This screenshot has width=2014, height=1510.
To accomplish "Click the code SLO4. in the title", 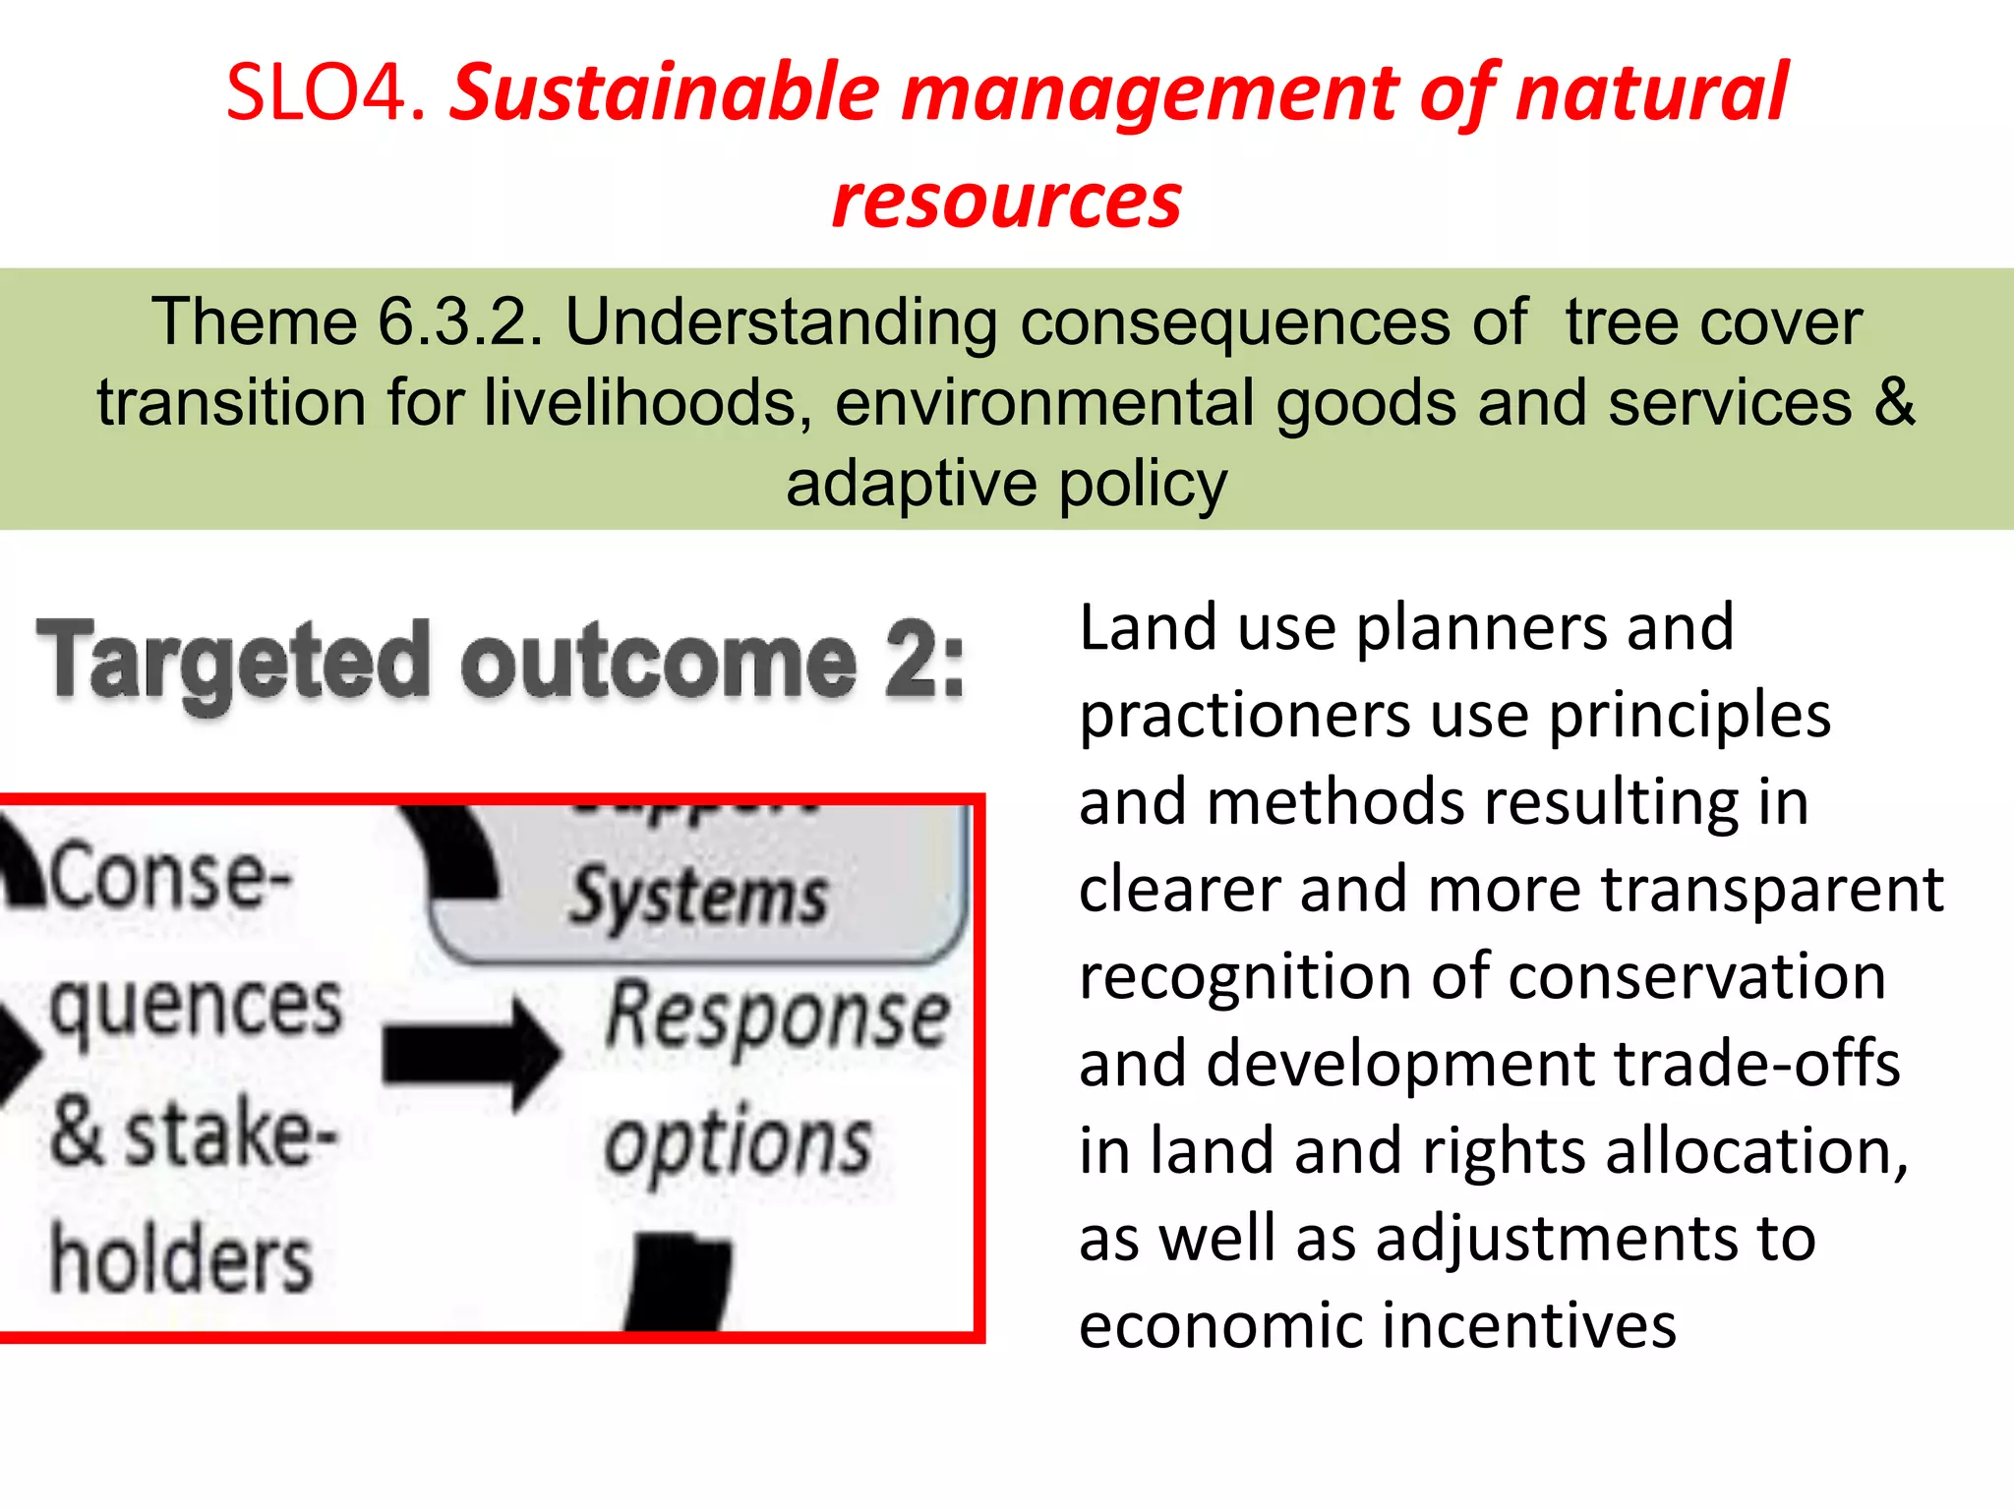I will pyautogui.click(x=326, y=93).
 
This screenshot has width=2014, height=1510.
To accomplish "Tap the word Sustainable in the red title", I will pyautogui.click(x=665, y=93).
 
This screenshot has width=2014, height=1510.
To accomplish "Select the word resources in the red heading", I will pyautogui.click(x=1006, y=202).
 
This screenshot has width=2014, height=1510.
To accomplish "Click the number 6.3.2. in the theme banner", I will pyautogui.click(x=460, y=322).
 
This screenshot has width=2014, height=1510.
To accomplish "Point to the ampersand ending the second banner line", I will pyautogui.click(x=1894, y=403).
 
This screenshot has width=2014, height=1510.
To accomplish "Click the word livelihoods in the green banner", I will pyautogui.click(x=647, y=403).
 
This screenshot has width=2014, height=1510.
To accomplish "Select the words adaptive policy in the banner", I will pyautogui.click(x=1006, y=484).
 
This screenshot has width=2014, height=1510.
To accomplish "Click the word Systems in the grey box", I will pyautogui.click(x=699, y=897).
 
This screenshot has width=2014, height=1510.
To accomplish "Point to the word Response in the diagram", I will pyautogui.click(x=777, y=1017).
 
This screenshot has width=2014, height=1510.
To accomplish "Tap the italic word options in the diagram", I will pyautogui.click(x=738, y=1145).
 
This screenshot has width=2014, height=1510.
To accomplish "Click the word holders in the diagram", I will pyautogui.click(x=181, y=1260).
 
